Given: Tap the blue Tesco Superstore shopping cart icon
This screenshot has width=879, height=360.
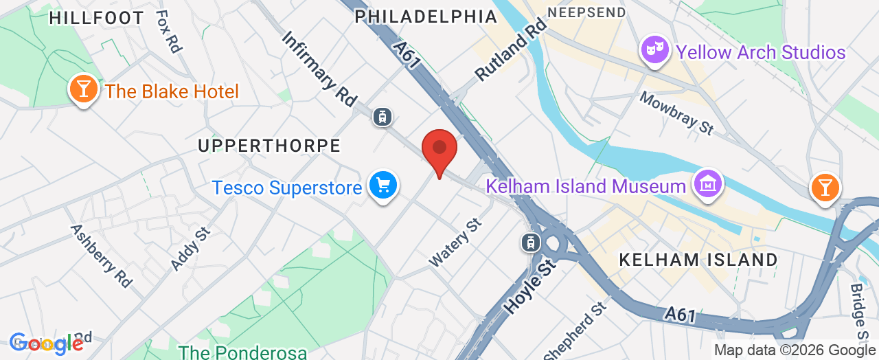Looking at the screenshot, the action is pyautogui.click(x=383, y=185).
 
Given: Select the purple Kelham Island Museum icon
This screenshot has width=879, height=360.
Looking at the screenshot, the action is pyautogui.click(x=707, y=184).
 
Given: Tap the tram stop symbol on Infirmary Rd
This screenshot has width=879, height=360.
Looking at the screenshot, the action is pyautogui.click(x=382, y=117).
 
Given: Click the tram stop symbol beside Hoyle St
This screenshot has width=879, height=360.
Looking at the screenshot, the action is pyautogui.click(x=531, y=242).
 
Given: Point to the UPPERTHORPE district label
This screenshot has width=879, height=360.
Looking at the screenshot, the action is pyautogui.click(x=269, y=146).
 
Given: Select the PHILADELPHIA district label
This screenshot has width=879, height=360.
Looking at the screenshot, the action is pyautogui.click(x=426, y=16).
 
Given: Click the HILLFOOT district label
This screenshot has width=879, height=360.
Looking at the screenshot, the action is pyautogui.click(x=97, y=18).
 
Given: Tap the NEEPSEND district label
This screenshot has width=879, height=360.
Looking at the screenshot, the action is pyautogui.click(x=587, y=12).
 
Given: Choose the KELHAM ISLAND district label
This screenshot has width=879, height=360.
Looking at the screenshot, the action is pyautogui.click(x=698, y=260).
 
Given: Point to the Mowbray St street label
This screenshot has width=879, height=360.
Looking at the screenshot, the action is pyautogui.click(x=676, y=113).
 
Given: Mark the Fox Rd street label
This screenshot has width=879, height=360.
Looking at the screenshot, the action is pyautogui.click(x=168, y=31).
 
